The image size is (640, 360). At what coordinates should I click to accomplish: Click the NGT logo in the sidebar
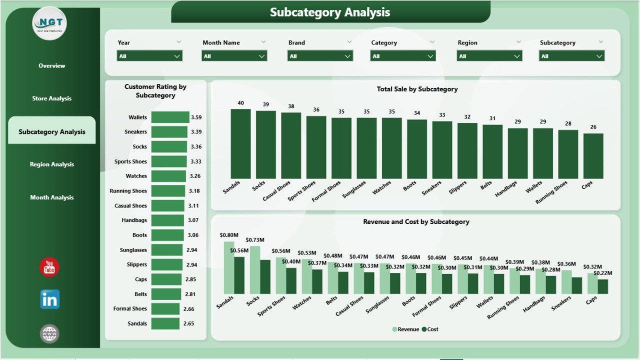click(x=49, y=23)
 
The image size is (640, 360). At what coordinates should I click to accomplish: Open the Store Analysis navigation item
click(x=52, y=98)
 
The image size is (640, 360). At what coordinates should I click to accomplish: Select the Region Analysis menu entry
click(x=52, y=164)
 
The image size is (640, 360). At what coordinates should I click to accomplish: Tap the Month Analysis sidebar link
click(x=52, y=197)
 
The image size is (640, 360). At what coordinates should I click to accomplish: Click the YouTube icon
click(x=49, y=267)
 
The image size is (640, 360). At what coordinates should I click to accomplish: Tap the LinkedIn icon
click(x=49, y=299)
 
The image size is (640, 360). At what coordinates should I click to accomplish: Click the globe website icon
click(x=49, y=333)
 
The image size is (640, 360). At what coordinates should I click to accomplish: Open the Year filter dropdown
click(x=149, y=56)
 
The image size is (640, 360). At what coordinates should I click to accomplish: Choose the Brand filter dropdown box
click(x=320, y=56)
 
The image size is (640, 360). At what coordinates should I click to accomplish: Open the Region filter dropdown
click(x=489, y=56)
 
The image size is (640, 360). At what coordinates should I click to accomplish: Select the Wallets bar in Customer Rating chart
click(x=170, y=117)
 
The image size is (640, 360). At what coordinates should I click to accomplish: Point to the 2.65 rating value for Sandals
click(x=188, y=323)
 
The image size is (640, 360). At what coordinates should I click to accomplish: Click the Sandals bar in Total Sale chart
click(x=240, y=144)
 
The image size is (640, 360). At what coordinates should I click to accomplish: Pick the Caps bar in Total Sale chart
click(x=593, y=156)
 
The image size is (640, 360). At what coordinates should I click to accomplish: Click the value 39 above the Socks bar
click(x=266, y=104)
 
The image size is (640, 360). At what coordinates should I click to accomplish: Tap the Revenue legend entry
click(x=405, y=329)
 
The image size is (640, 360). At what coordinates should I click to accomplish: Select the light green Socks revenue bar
click(x=255, y=270)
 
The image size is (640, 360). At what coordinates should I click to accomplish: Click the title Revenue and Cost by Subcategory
click(x=416, y=221)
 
